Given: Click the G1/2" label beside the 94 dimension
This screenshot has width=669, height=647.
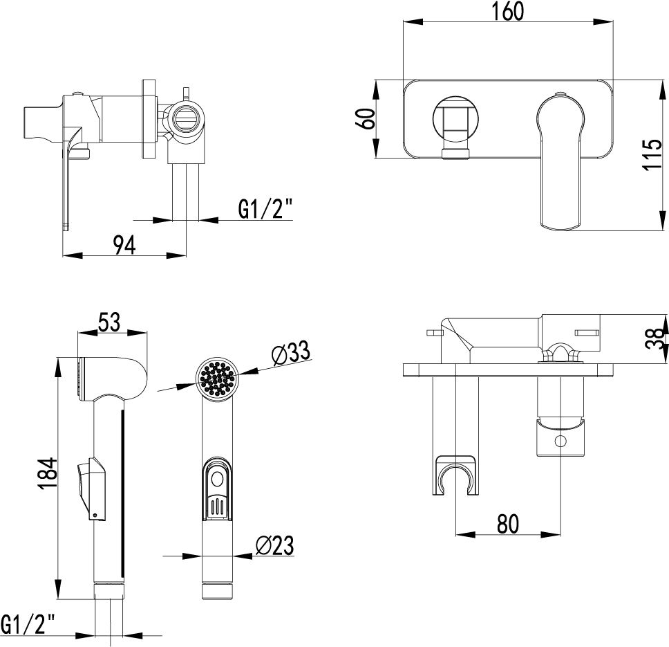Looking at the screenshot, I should tap(265, 208).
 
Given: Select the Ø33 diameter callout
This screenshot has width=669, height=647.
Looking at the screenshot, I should tap(290, 354).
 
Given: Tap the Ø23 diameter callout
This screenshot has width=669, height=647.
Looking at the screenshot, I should tap(274, 545).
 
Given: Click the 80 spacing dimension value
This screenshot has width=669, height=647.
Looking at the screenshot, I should tap(507, 524).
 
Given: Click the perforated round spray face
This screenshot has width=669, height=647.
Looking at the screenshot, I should tap(218, 379).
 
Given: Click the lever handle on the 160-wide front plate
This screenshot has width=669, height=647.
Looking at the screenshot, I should tap(560, 159).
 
